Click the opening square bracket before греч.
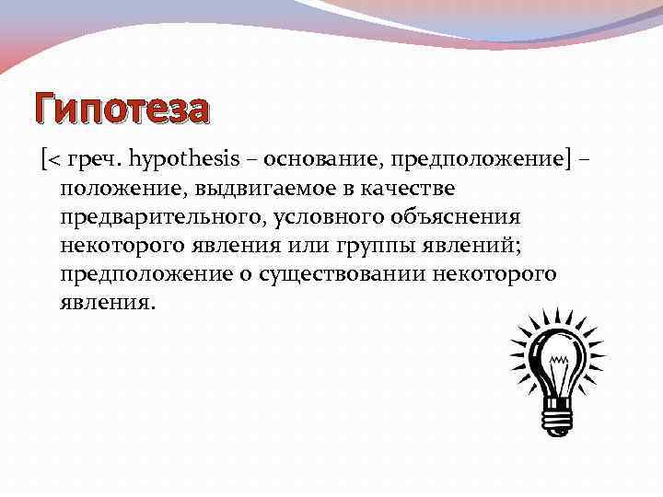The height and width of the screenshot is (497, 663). pyautogui.click(x=43, y=162)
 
